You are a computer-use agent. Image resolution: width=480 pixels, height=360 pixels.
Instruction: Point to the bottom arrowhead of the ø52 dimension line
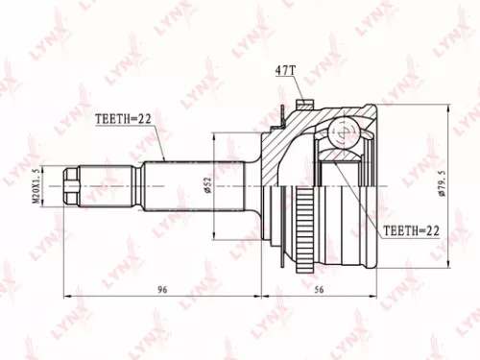click(213, 230)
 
